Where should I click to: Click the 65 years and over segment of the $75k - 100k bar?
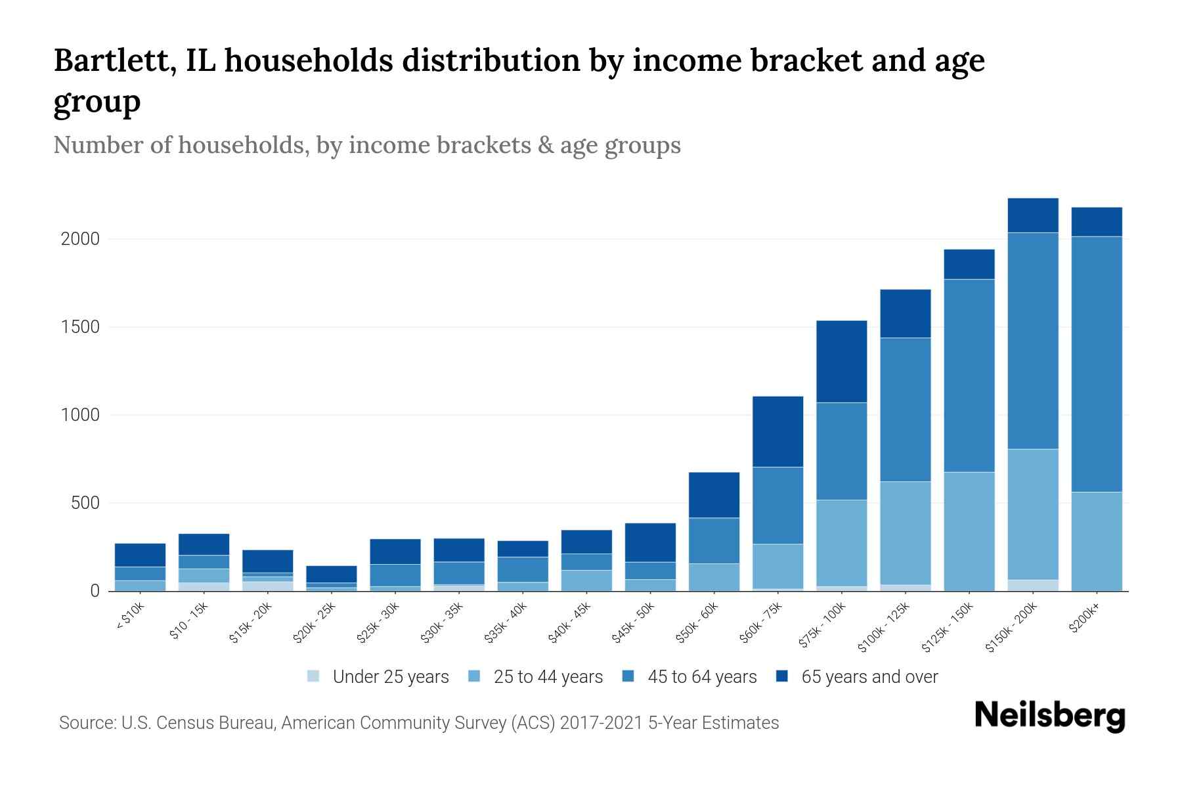coord(841,361)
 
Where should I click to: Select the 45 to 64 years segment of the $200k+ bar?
coord(1096,364)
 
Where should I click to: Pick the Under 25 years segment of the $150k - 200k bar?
coord(1032,585)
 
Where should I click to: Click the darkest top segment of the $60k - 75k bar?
coord(777,431)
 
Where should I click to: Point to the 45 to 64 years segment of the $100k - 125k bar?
coord(905,409)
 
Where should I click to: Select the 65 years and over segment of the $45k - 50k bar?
coord(649,542)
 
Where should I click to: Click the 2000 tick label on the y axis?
coord(80,239)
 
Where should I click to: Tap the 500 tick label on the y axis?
coord(85,504)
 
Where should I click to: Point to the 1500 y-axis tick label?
coord(80,327)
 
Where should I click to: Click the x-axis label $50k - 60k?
coord(698,623)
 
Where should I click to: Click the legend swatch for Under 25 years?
coord(313,676)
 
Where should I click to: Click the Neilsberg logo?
coord(1049,716)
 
